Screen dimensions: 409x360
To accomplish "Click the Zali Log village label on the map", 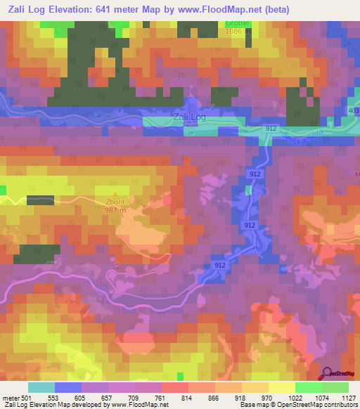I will (189, 117).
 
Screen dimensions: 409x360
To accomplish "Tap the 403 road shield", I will (354, 112).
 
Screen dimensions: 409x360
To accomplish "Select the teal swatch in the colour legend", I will (41, 387).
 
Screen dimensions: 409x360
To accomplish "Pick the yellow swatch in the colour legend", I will (281, 387).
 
